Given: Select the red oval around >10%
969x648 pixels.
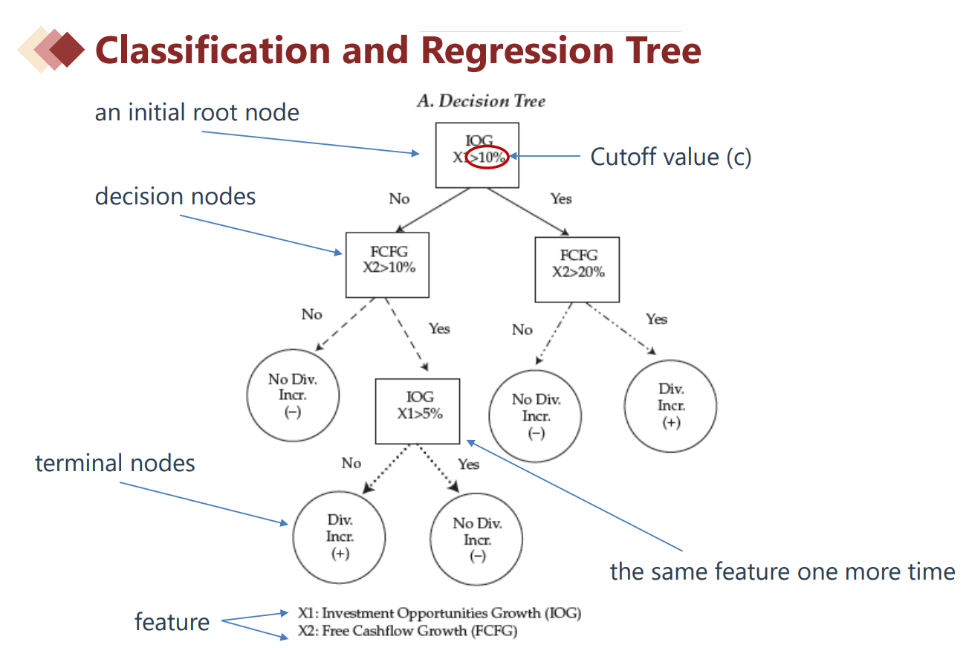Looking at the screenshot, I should tap(487, 157).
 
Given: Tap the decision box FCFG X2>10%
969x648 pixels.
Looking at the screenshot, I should tap(387, 264).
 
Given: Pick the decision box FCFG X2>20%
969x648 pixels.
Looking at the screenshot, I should tap(577, 269).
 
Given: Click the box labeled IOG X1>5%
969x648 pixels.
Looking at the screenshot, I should tap(417, 411).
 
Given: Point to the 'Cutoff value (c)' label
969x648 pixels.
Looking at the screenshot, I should tap(670, 157).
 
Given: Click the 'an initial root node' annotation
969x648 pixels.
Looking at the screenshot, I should tap(197, 112).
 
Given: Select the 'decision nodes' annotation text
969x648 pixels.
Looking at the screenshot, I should tap(175, 196).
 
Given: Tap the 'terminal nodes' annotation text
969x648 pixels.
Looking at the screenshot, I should tap(115, 463).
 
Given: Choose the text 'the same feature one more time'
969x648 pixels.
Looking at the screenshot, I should tap(782, 571).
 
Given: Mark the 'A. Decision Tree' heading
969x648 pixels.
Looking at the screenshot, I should tap(480, 101).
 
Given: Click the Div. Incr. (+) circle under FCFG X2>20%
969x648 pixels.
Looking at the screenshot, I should tap(670, 406).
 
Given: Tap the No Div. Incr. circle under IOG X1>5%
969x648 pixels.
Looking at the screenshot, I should tap(477, 540).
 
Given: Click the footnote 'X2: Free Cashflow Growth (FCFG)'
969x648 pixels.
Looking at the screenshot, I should tap(407, 632).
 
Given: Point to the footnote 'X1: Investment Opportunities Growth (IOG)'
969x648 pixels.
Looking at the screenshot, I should tap(439, 613).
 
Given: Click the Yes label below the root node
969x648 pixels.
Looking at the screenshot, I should tap(561, 198).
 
